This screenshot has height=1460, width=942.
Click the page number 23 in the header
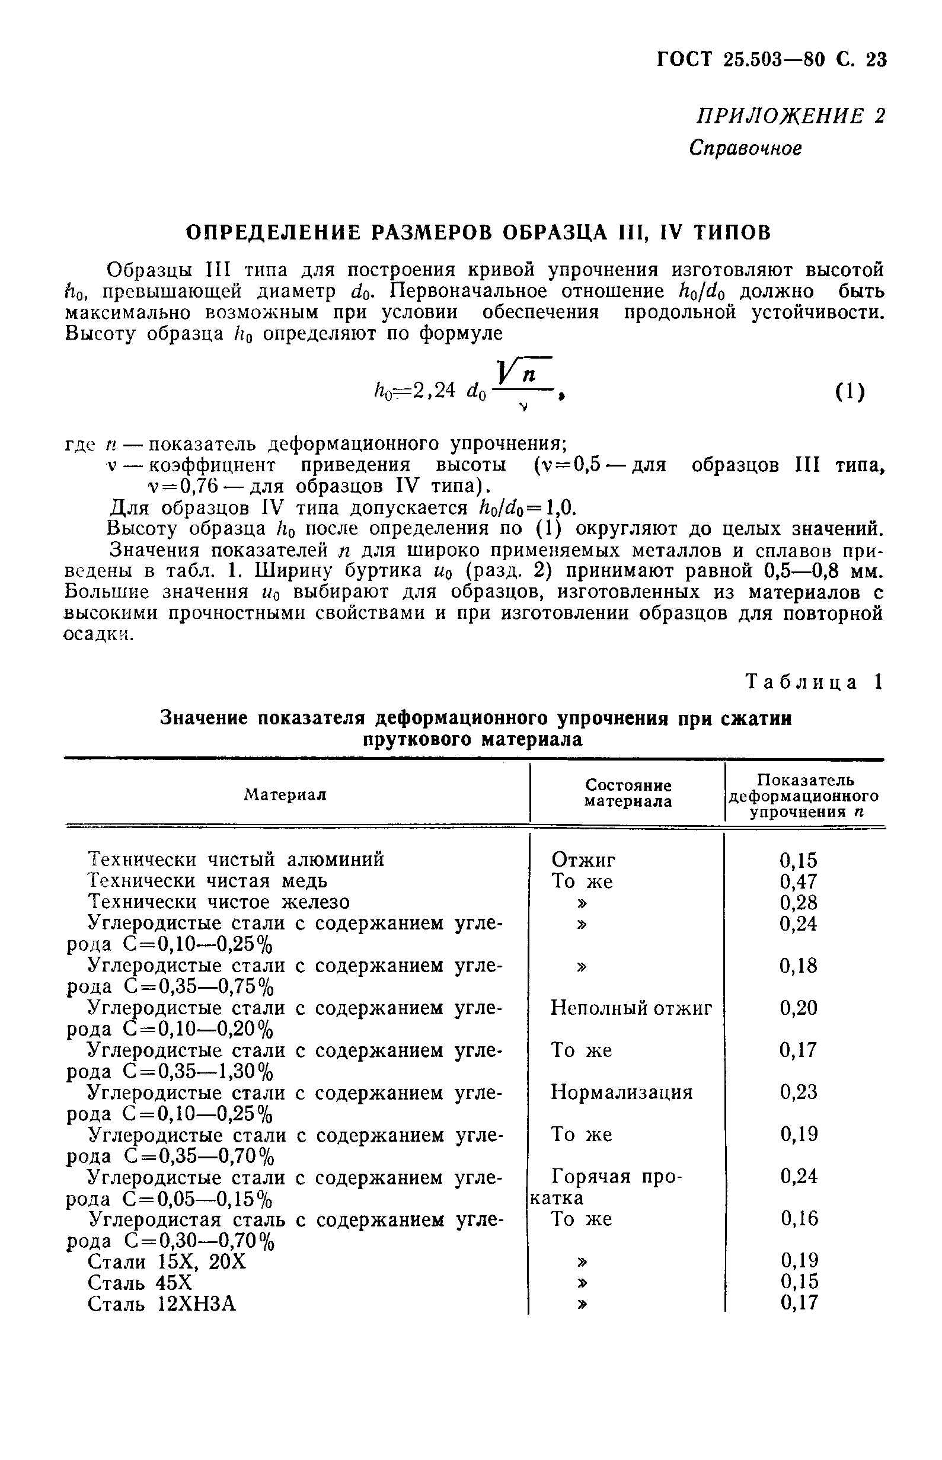[x=876, y=59]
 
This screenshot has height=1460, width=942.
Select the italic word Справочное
[x=745, y=148]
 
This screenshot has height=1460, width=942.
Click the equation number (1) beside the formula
[x=850, y=391]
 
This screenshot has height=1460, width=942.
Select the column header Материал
[x=285, y=794]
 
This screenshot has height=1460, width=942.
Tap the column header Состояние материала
[x=628, y=793]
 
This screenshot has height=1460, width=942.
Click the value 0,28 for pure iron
[x=799, y=903]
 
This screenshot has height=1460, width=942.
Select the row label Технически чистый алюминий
[x=236, y=860]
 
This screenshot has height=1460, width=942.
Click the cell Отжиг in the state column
[x=583, y=860]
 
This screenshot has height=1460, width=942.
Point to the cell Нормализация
[x=621, y=1092]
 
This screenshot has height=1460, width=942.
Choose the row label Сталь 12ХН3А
[x=162, y=1305]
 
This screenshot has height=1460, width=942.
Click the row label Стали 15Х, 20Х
[x=167, y=1261]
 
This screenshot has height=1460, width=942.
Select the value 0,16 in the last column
[x=799, y=1219]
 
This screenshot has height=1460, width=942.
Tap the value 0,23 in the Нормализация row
[x=799, y=1092]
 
